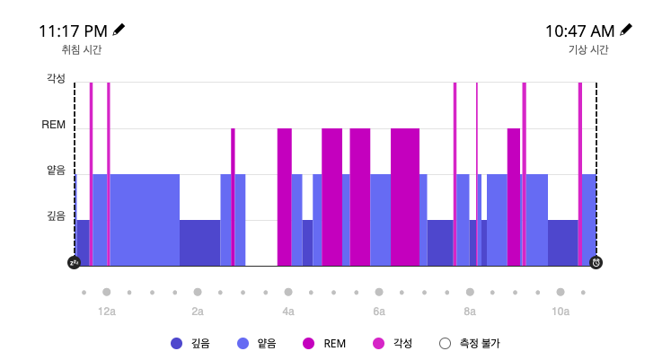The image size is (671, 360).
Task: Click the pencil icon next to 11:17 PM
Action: (x=119, y=30)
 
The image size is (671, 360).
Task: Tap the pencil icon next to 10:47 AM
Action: (x=626, y=30)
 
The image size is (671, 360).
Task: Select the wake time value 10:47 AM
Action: (x=579, y=31)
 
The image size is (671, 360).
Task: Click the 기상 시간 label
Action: (x=588, y=51)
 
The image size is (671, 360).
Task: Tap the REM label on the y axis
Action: (x=54, y=125)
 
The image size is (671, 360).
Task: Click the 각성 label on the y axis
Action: (x=56, y=78)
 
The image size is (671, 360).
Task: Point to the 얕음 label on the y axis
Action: (x=56, y=170)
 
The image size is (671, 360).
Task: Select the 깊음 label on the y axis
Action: (x=56, y=215)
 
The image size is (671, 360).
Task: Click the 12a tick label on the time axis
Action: (x=106, y=312)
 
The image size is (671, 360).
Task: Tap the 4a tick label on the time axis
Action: (x=288, y=312)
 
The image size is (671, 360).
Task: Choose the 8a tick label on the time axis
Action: (x=470, y=312)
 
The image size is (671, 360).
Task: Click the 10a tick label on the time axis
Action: (x=561, y=312)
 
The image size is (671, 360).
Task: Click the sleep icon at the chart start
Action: (x=75, y=262)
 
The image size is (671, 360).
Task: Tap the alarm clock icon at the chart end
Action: (x=596, y=262)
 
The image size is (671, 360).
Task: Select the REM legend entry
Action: (x=326, y=343)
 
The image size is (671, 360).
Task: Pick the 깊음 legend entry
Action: (x=190, y=343)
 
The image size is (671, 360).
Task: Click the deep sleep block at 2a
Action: (x=199, y=242)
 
